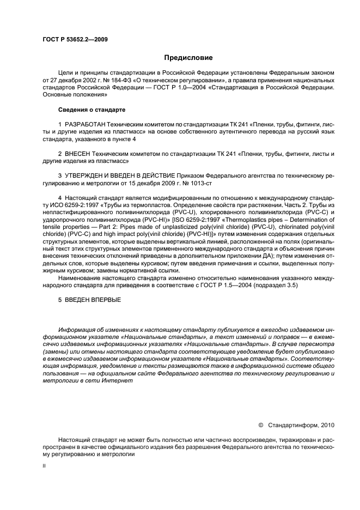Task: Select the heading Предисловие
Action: click(x=189, y=58)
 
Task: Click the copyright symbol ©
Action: click(x=260, y=424)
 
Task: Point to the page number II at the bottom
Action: click(x=44, y=466)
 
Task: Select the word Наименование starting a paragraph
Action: click(x=80, y=278)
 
